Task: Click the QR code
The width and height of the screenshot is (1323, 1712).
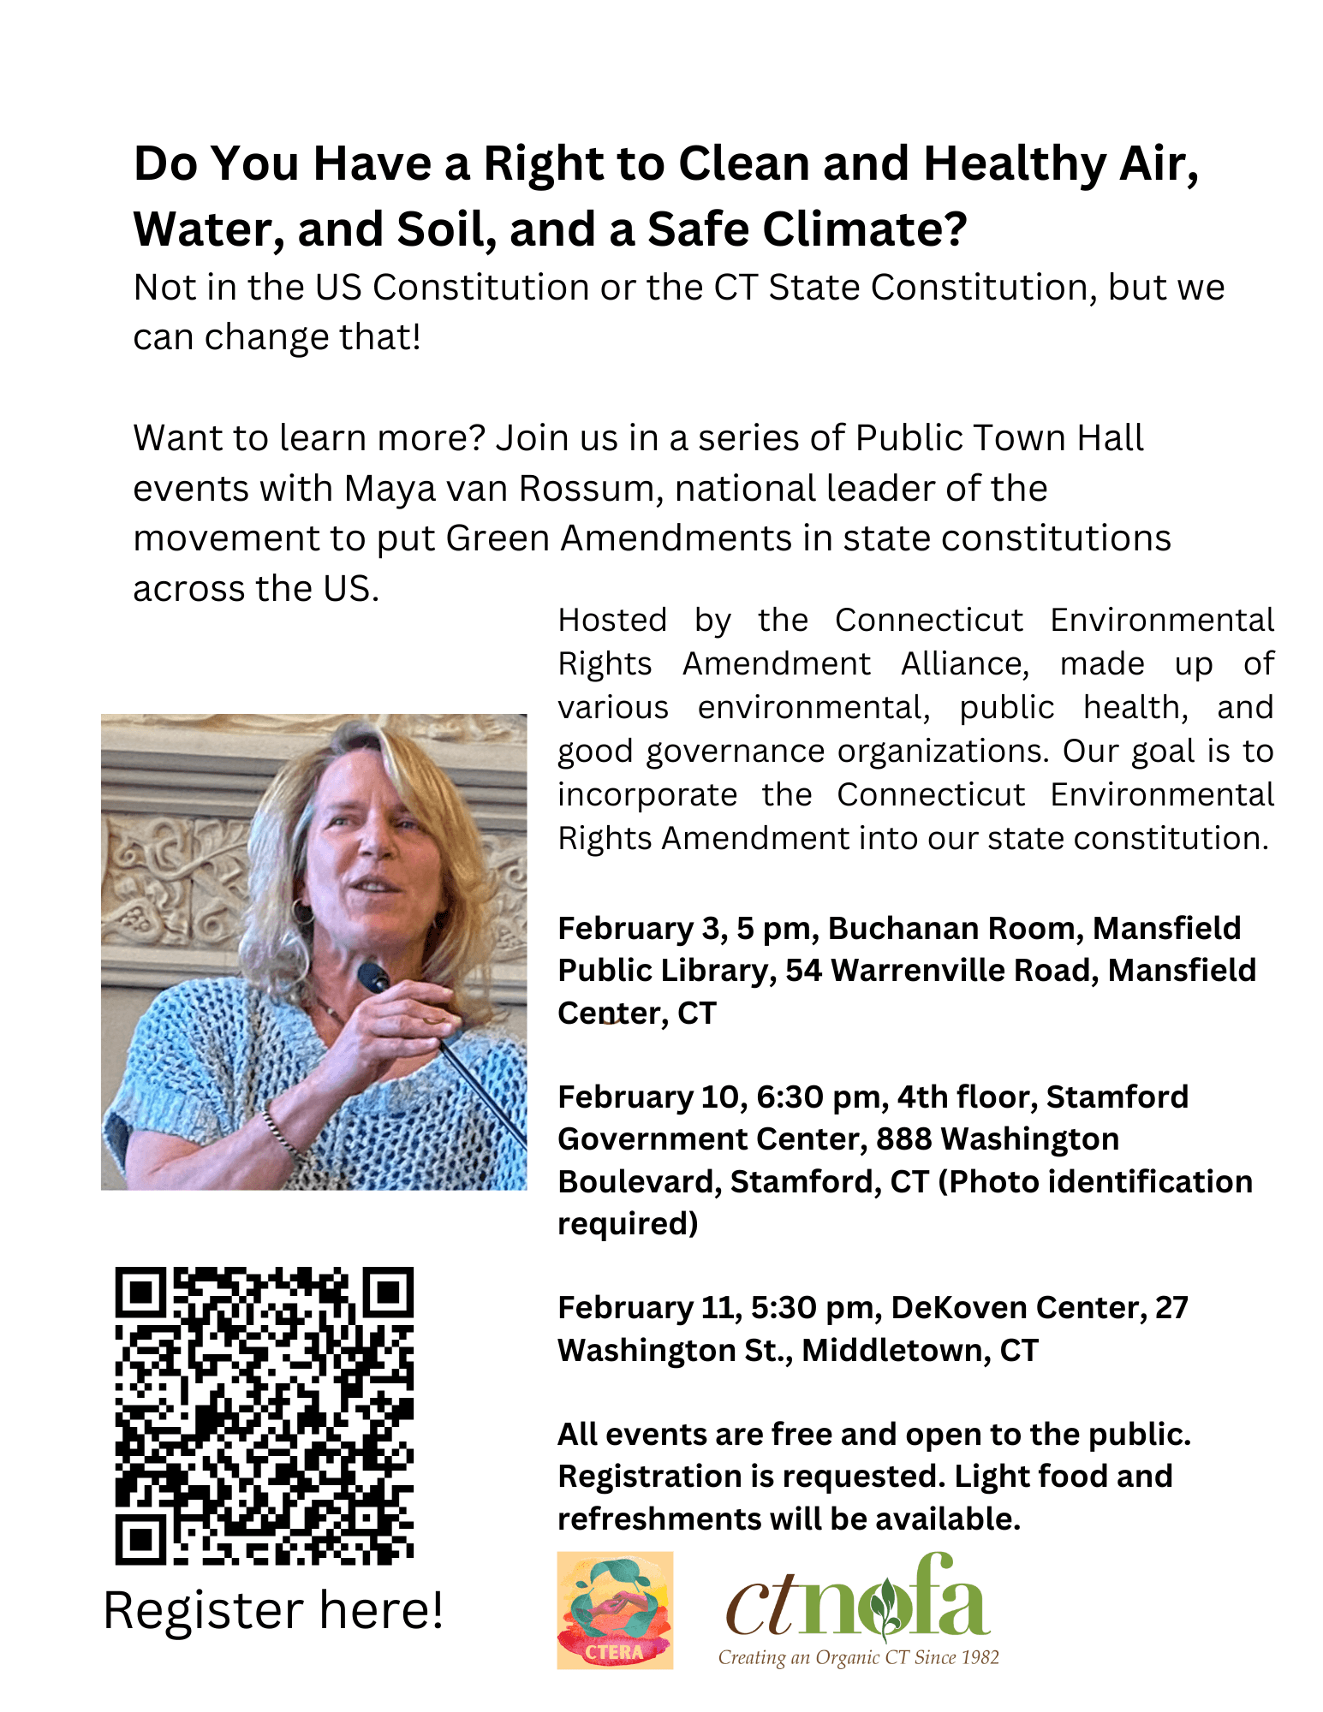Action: click(265, 1416)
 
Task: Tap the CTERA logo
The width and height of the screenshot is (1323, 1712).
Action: click(615, 1610)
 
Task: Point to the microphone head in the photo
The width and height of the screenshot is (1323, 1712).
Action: click(374, 977)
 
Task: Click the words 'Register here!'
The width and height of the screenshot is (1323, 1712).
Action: click(273, 1610)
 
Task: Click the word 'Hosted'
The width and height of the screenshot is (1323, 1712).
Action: click(612, 620)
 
